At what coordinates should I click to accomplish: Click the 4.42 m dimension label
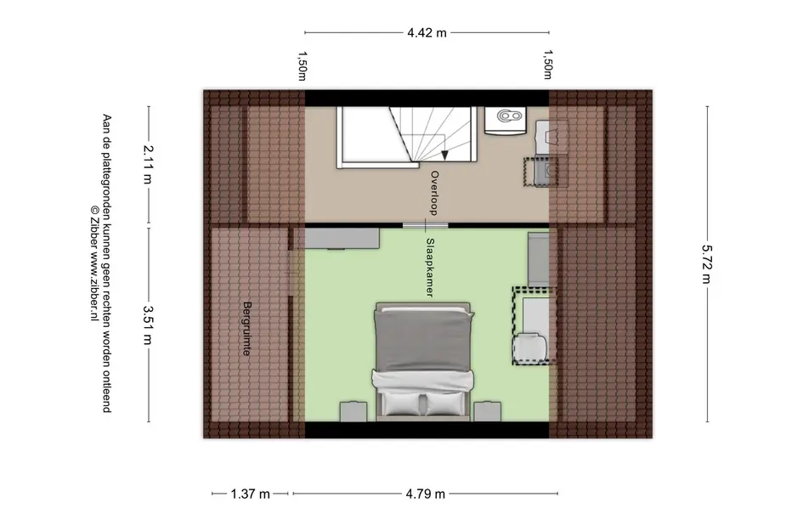pyautogui.click(x=427, y=33)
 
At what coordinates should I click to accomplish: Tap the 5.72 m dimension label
pyautogui.click(x=707, y=263)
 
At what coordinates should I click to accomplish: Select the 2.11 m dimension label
pyautogui.click(x=148, y=164)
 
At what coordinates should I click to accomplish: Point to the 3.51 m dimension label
pyautogui.click(x=148, y=325)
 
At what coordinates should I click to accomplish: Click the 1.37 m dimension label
pyautogui.click(x=250, y=494)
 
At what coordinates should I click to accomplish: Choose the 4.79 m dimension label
pyautogui.click(x=426, y=494)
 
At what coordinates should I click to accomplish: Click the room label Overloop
pyautogui.click(x=434, y=193)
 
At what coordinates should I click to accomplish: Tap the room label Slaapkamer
pyautogui.click(x=430, y=268)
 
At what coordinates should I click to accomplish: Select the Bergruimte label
pyautogui.click(x=246, y=329)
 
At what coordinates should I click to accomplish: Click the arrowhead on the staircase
pyautogui.click(x=444, y=154)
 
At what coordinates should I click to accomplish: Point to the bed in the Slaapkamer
pyautogui.click(x=423, y=361)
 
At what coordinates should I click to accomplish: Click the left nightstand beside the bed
pyautogui.click(x=353, y=411)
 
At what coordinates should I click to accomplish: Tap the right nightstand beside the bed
pyautogui.click(x=487, y=411)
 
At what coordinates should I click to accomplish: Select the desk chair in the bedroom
pyautogui.click(x=529, y=348)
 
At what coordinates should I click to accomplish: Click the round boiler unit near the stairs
pyautogui.click(x=506, y=121)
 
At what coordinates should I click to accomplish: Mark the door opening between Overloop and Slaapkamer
pyautogui.click(x=425, y=225)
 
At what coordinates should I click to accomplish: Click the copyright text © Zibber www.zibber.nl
pyautogui.click(x=93, y=263)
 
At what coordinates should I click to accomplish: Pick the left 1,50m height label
pyautogui.click(x=303, y=65)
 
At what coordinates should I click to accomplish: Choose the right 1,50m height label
pyautogui.click(x=548, y=65)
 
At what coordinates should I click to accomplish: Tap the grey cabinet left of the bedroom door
pyautogui.click(x=342, y=239)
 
